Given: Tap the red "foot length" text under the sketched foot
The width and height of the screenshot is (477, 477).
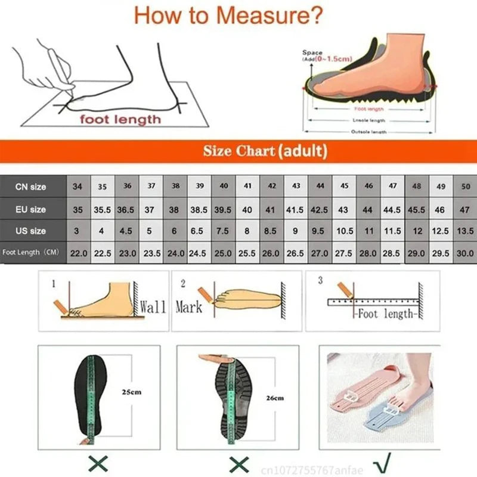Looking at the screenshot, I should (121, 119).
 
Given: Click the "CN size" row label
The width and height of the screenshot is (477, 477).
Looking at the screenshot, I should (31, 187).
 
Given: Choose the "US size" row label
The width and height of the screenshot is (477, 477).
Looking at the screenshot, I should (31, 231).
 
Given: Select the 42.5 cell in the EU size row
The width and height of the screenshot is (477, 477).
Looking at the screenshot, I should (320, 209).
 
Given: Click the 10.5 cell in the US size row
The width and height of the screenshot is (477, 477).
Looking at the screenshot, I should (345, 231).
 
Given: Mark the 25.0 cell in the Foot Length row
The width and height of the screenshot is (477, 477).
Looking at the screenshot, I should (224, 253).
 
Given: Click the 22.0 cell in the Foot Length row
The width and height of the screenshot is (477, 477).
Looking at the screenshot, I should (79, 253).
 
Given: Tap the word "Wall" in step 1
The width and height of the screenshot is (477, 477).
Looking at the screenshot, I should (153, 307).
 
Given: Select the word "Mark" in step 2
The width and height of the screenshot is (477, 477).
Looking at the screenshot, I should (188, 307).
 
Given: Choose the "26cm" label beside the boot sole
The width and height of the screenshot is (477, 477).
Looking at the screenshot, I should (274, 398).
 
